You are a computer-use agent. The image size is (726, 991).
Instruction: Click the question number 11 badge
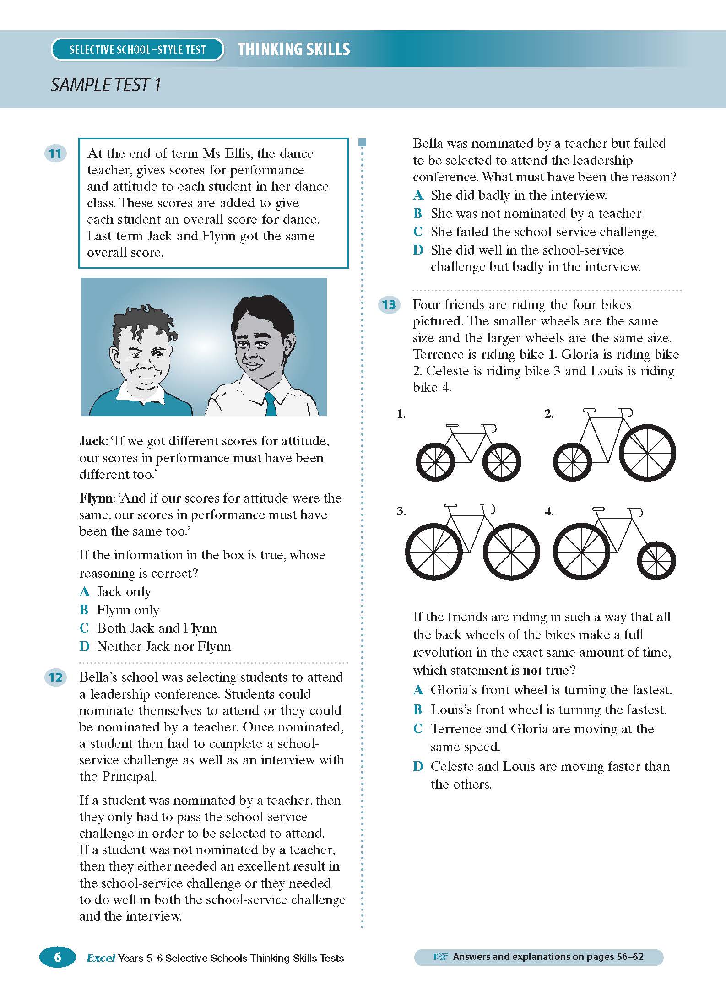click(x=55, y=153)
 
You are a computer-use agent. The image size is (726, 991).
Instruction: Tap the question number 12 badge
click(x=55, y=677)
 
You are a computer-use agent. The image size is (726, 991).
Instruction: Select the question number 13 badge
click(x=389, y=304)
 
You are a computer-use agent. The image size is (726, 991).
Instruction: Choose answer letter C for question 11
click(x=84, y=628)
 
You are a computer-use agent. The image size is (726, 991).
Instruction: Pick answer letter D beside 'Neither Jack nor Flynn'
click(x=84, y=646)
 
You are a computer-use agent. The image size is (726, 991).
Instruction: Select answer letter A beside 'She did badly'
click(x=417, y=195)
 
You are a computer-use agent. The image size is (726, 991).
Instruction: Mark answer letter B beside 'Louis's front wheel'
click(x=417, y=709)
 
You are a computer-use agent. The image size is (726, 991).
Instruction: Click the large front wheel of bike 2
click(x=647, y=453)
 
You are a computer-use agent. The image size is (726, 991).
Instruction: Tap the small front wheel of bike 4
click(x=656, y=561)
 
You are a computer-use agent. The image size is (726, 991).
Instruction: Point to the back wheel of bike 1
click(x=435, y=461)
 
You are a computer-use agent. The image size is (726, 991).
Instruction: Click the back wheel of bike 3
click(x=433, y=552)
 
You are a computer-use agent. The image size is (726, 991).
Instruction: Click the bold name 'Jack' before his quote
click(x=92, y=441)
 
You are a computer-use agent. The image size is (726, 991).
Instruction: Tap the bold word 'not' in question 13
click(x=532, y=671)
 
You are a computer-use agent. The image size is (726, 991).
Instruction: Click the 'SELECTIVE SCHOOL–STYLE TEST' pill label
click(x=137, y=49)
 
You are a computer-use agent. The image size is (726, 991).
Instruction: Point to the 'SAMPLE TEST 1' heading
click(x=106, y=85)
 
